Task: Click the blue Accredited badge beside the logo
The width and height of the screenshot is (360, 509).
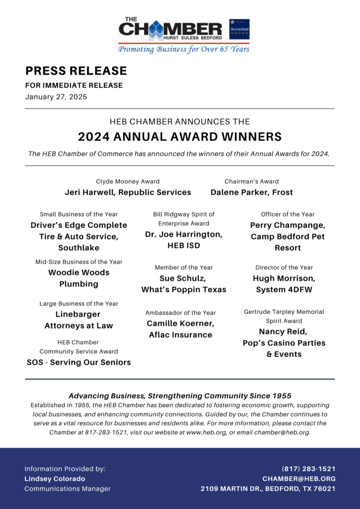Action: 239,29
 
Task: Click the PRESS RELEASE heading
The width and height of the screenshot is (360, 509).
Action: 76,71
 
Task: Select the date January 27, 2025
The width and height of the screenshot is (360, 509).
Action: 56,97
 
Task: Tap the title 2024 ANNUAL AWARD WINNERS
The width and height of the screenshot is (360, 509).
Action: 180,137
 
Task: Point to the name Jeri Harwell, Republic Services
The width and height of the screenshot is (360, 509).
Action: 128,192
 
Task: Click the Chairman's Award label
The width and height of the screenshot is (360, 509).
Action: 252,181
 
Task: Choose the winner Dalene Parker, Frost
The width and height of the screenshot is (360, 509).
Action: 252,192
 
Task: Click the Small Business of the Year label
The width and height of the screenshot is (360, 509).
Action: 79,214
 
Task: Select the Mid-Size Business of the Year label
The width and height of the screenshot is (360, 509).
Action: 79,262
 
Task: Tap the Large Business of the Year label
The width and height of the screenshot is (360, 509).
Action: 79,303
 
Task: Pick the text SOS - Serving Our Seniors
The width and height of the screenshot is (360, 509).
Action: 79,362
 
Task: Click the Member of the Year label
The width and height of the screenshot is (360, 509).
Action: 183,267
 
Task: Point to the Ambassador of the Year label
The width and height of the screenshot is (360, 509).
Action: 180,313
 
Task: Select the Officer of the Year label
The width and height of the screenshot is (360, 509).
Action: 287,214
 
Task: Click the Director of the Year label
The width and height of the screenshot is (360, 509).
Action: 284,267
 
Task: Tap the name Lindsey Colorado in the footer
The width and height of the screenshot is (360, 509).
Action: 55,479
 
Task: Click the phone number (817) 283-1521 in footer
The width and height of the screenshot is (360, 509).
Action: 308,469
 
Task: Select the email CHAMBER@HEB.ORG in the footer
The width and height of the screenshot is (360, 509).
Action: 299,479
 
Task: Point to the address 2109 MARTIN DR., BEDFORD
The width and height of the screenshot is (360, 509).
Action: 268,489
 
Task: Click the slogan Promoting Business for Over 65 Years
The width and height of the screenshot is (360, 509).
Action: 183,49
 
